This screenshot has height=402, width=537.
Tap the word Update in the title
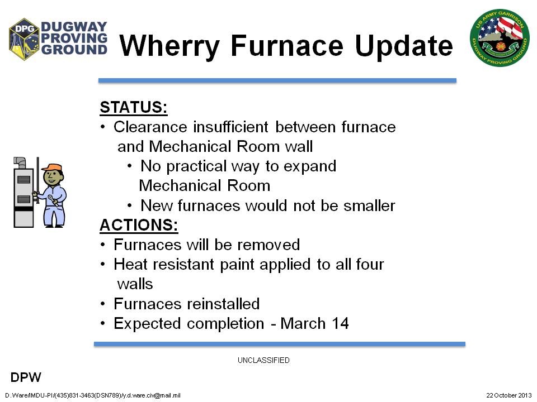[404, 46]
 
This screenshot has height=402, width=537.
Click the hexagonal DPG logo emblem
[24, 39]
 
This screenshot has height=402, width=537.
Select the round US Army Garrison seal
[500, 37]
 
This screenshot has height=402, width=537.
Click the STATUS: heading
[134, 107]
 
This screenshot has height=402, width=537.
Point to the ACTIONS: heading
[139, 225]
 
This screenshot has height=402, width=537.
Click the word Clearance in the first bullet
[150, 127]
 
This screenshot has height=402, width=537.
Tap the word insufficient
[230, 127]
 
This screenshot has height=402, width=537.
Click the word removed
[268, 245]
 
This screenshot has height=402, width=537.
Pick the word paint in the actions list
[237, 265]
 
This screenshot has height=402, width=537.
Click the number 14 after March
[340, 323]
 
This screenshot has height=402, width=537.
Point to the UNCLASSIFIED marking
[263, 360]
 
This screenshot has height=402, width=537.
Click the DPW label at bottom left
[26, 378]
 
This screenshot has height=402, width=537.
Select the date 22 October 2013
[509, 395]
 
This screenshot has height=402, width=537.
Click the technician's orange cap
[52, 167]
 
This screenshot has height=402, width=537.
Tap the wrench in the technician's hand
[53, 200]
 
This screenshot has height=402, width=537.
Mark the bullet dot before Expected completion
[103, 323]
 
